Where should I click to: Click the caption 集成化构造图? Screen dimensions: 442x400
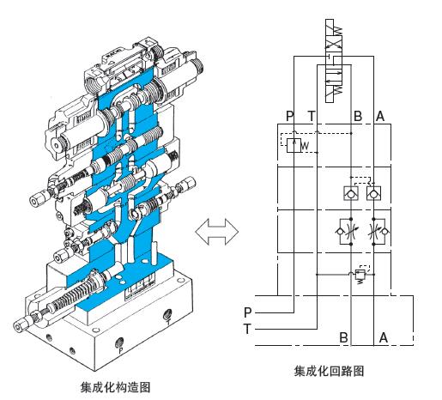click(115, 387)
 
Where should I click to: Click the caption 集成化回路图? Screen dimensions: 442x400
click(329, 371)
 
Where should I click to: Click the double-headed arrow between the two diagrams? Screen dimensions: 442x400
click(217, 232)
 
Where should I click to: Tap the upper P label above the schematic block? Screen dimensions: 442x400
click(290, 116)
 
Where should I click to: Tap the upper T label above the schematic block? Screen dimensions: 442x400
click(312, 116)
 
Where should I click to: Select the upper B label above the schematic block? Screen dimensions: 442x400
click(358, 116)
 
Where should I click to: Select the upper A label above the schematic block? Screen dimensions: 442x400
click(380, 116)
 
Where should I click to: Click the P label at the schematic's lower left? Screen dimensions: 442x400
click(248, 312)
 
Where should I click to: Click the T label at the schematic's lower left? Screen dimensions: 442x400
click(247, 329)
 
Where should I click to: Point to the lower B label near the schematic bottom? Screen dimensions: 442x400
click(343, 337)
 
